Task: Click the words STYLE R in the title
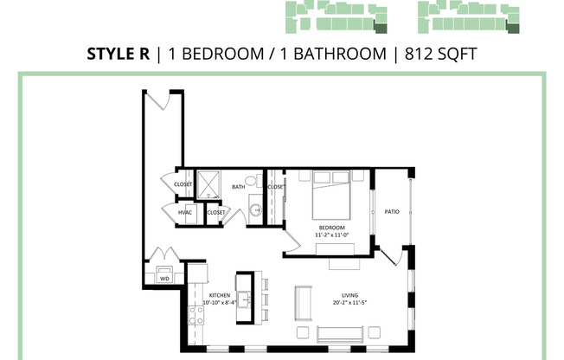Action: pyautogui.click(x=119, y=54)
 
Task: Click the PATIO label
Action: pyautogui.click(x=392, y=210)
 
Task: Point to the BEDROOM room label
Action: pyautogui.click(x=332, y=228)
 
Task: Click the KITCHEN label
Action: pyautogui.click(x=219, y=295)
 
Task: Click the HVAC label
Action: pyautogui.click(x=184, y=212)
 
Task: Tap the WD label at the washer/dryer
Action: pyautogui.click(x=164, y=279)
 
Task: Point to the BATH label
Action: pyautogui.click(x=237, y=186)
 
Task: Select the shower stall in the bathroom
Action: pyautogui.click(x=210, y=184)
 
